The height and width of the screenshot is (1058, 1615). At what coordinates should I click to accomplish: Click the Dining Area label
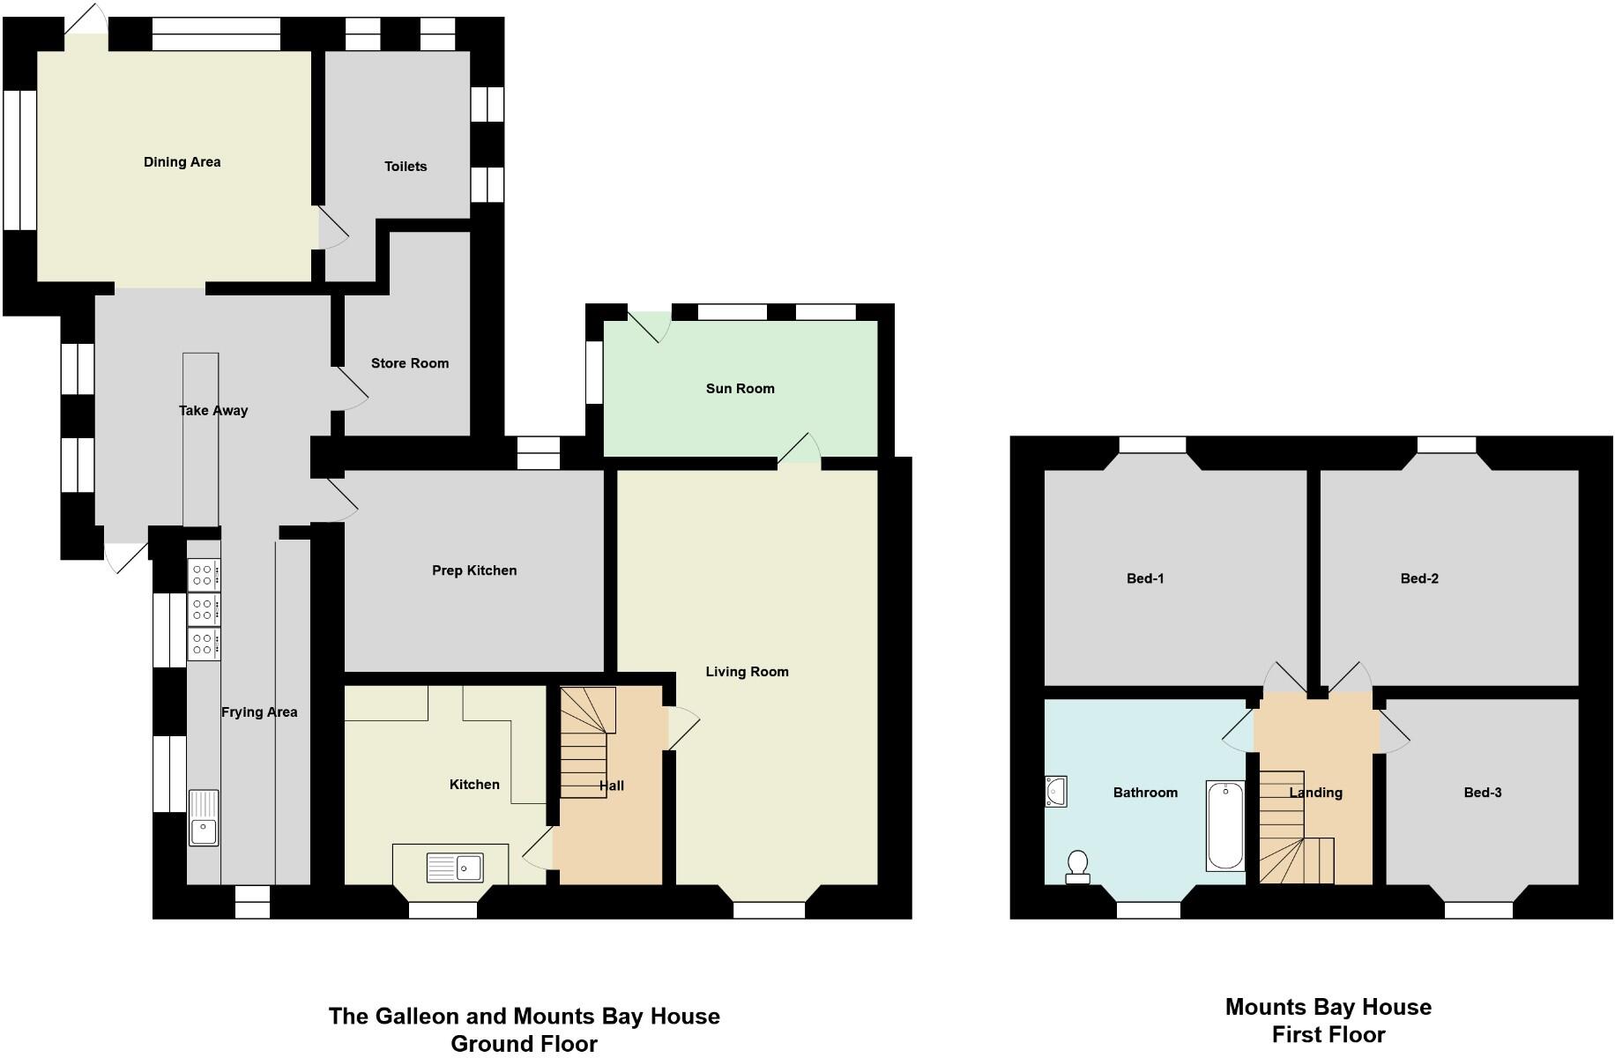coord(182,162)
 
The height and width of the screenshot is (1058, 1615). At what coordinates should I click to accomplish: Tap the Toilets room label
coord(406,167)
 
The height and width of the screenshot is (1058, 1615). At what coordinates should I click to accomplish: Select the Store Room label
coord(410,363)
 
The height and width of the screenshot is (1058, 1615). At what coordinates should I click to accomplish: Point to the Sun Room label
coord(740,389)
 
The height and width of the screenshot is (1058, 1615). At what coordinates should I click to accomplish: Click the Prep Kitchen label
coord(474,570)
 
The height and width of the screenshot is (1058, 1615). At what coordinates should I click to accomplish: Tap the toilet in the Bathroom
coord(1077,867)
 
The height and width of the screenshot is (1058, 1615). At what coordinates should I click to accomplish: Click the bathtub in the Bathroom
coord(1224,825)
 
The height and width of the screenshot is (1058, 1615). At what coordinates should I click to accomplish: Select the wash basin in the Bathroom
coord(1056,791)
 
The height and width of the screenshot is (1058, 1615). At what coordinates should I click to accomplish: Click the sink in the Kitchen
coord(455,868)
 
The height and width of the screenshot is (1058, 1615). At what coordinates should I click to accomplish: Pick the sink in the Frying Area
coord(204,818)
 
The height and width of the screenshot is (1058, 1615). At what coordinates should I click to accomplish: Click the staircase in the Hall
coord(584,742)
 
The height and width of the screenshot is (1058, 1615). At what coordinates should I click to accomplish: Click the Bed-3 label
coord(1482,793)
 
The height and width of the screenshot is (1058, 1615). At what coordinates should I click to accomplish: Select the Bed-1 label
coord(1145,578)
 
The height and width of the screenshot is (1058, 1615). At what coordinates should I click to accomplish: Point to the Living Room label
coord(747,672)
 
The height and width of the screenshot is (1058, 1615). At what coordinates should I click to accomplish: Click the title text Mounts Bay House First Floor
coord(1328,1020)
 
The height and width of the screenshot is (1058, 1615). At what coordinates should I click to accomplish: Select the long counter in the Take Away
coord(200,441)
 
